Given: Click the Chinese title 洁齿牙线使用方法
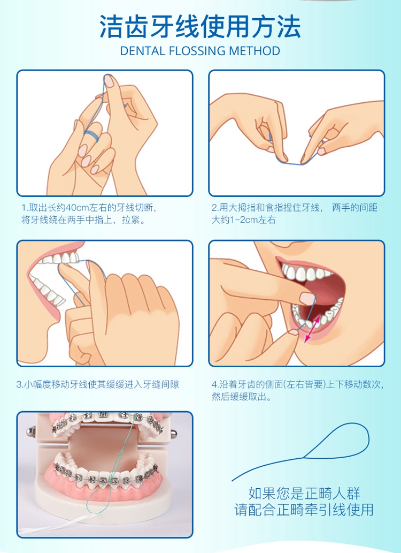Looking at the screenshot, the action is pos(200,26).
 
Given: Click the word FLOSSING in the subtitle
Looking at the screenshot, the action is pos(198,51).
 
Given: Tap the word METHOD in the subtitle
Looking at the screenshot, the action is pos(255,51).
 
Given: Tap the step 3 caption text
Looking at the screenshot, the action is pos(98,384).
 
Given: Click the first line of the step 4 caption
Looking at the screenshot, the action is pos(298,384).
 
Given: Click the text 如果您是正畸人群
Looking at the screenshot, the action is pos(304,494).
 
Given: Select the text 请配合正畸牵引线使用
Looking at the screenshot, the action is pos(304,510).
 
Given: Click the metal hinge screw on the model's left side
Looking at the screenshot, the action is pos(32,431).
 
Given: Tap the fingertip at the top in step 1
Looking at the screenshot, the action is pos(110,82).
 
